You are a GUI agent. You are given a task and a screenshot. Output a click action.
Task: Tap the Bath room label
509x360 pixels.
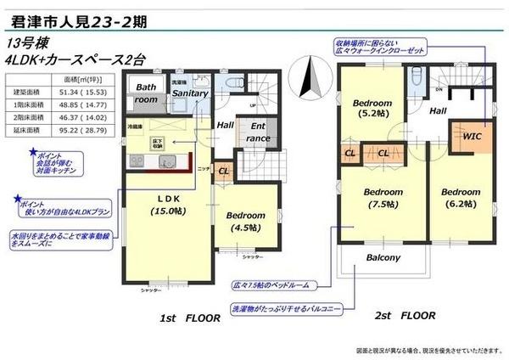point(147,93)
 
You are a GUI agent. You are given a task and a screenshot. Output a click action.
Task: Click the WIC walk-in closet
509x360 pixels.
point(473,136)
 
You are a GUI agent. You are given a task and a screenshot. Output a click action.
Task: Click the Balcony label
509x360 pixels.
point(383,257)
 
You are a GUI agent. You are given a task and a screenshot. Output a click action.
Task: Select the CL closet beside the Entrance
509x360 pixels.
point(222,170)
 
